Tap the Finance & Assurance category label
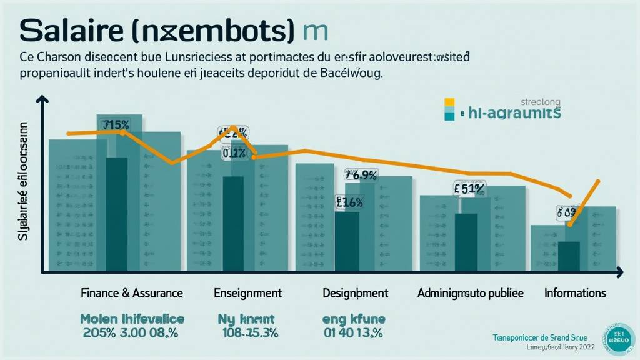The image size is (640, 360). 132,292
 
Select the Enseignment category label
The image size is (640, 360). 247,292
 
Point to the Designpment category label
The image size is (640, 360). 355,292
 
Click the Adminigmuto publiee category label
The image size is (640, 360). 470,292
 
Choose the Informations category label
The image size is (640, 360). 575,292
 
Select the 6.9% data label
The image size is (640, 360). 361,176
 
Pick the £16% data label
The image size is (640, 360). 349,202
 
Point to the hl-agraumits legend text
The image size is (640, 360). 514,113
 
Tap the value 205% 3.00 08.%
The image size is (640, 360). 131,332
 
